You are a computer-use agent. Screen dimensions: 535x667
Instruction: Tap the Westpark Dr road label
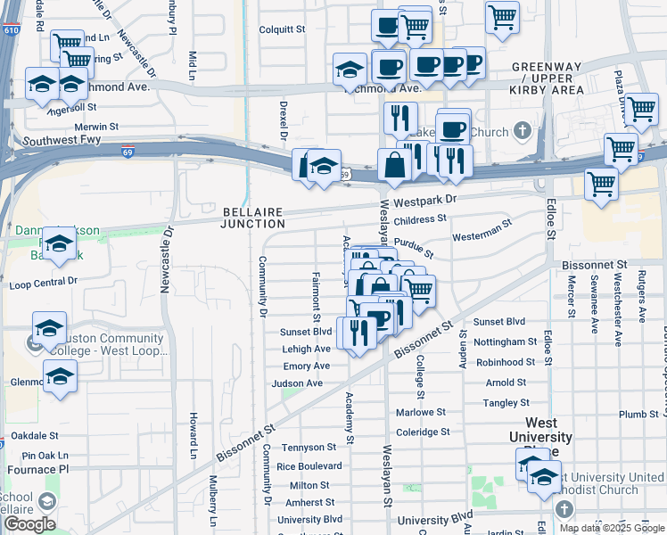(424, 201)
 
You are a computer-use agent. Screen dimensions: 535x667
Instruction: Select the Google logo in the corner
(29, 524)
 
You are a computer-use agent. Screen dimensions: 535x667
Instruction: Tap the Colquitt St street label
(282, 29)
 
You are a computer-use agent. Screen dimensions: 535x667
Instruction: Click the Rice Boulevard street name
(309, 466)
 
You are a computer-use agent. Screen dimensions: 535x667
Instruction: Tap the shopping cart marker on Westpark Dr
(602, 184)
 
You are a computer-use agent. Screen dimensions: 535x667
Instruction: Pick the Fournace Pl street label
(34, 468)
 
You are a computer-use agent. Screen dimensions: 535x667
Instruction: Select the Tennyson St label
(309, 448)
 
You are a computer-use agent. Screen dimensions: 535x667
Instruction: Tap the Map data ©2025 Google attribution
(612, 528)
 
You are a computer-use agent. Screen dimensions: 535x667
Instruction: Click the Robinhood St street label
(506, 363)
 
